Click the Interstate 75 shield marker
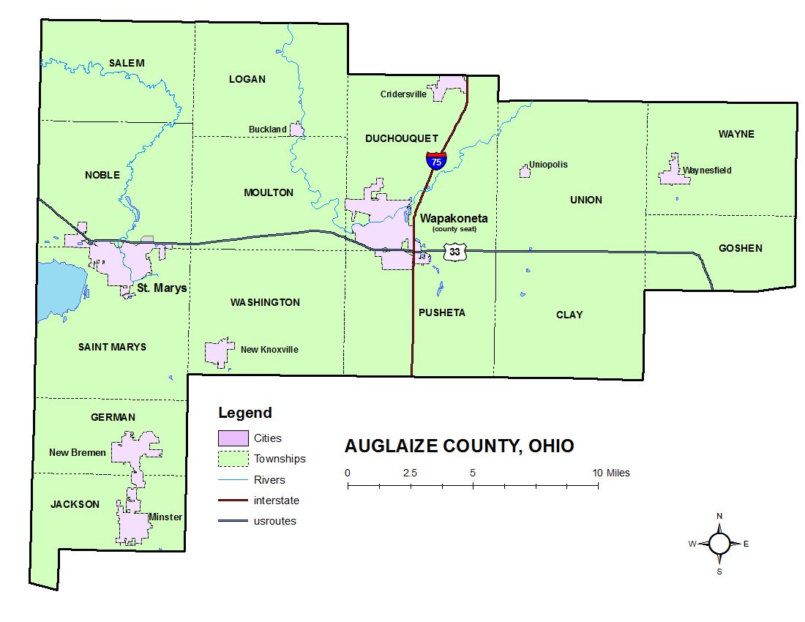pyautogui.click(x=436, y=160)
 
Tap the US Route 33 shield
pyautogui.click(x=455, y=252)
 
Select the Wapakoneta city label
pyautogui.click(x=454, y=218)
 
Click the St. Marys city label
pyautogui.click(x=162, y=288)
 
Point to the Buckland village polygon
pyautogui.click(x=297, y=130)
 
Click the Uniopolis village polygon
pyautogui.click(x=525, y=171)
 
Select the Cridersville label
pyautogui.click(x=403, y=94)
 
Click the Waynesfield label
pyautogui.click(x=707, y=171)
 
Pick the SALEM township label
pyautogui.click(x=127, y=63)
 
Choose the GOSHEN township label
pyautogui.click(x=740, y=248)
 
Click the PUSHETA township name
pyautogui.click(x=442, y=312)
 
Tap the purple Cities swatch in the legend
pyautogui.click(x=233, y=438)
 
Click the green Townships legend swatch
pyautogui.click(x=233, y=459)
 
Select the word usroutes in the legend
pyautogui.click(x=275, y=521)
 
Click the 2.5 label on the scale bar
pyautogui.click(x=410, y=473)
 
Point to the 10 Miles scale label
pyautogui.click(x=612, y=473)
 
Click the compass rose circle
pyautogui.click(x=719, y=544)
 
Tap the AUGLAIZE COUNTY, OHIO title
pyautogui.click(x=460, y=446)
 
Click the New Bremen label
pyautogui.click(x=78, y=452)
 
